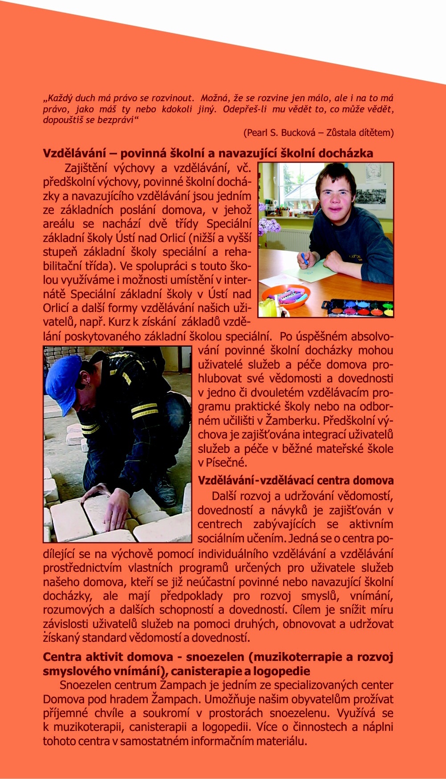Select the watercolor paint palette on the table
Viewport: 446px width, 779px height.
358,307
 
